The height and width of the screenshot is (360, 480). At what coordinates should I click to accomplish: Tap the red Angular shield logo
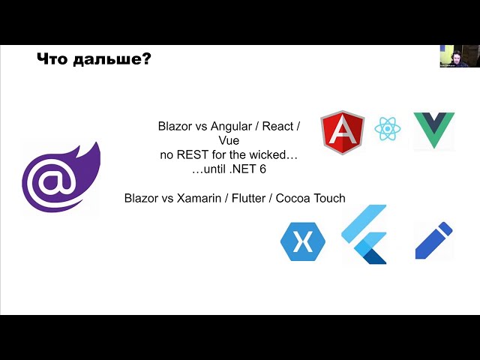tap(342, 132)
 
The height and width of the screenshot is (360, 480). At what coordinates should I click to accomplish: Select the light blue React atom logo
tap(387, 128)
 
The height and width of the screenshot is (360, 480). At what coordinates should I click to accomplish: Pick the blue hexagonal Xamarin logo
tap(303, 241)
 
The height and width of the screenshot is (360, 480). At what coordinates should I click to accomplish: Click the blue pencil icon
tap(433, 241)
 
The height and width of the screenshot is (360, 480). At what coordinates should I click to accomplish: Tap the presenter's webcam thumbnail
tap(460, 56)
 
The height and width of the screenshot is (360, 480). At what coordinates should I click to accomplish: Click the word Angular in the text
tap(231, 127)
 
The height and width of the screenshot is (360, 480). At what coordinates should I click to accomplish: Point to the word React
tap(277, 126)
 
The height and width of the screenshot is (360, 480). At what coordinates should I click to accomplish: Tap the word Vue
tap(229, 140)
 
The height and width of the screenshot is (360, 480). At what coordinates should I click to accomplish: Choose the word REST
tap(193, 155)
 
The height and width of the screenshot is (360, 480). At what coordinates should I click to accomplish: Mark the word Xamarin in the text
tap(199, 198)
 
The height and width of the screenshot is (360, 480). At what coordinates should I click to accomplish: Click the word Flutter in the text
tap(248, 198)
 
